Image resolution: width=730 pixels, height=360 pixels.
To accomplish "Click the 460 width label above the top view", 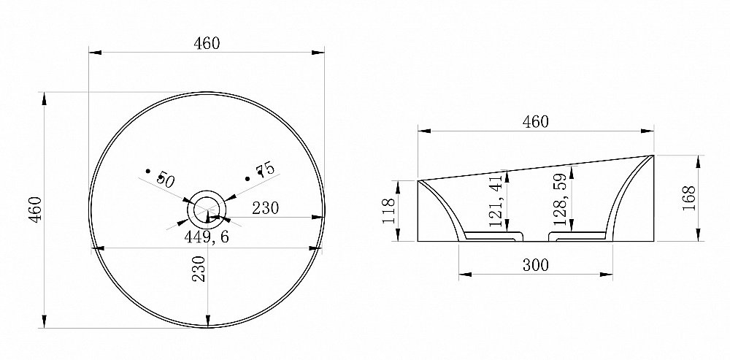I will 207,43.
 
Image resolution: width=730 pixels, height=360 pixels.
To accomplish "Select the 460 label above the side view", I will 535,121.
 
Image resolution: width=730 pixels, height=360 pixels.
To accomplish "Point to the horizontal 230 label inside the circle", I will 266,207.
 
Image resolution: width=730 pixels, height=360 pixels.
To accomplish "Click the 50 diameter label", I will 164,179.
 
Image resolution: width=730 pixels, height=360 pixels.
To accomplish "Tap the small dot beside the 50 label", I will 148,172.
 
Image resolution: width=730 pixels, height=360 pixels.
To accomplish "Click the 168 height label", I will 689,198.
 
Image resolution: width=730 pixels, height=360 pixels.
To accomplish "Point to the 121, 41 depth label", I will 497,202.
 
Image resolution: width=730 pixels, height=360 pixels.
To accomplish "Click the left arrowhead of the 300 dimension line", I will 462,275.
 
